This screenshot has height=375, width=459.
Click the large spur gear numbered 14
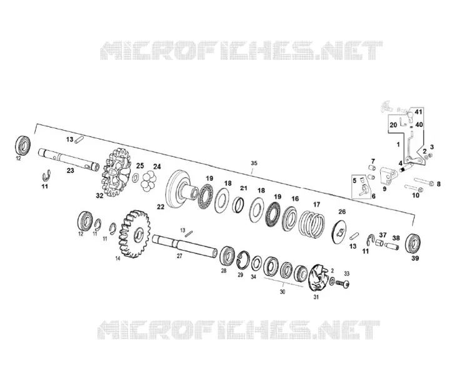click(x=134, y=234)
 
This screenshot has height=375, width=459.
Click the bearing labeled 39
click(x=413, y=243)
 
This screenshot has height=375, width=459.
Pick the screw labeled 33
click(x=343, y=284)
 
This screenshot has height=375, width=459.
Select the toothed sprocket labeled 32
click(x=116, y=172)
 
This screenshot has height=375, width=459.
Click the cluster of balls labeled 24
click(x=149, y=181)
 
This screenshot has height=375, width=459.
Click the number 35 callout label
click(x=254, y=163)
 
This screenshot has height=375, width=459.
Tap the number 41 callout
click(x=418, y=112)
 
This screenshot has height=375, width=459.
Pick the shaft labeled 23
click(x=69, y=160)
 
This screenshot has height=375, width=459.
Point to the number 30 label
click(x=283, y=292)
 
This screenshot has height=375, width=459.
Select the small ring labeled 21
click(x=238, y=204)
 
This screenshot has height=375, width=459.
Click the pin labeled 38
click(x=391, y=247)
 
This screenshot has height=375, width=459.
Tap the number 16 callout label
click(x=295, y=199)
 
